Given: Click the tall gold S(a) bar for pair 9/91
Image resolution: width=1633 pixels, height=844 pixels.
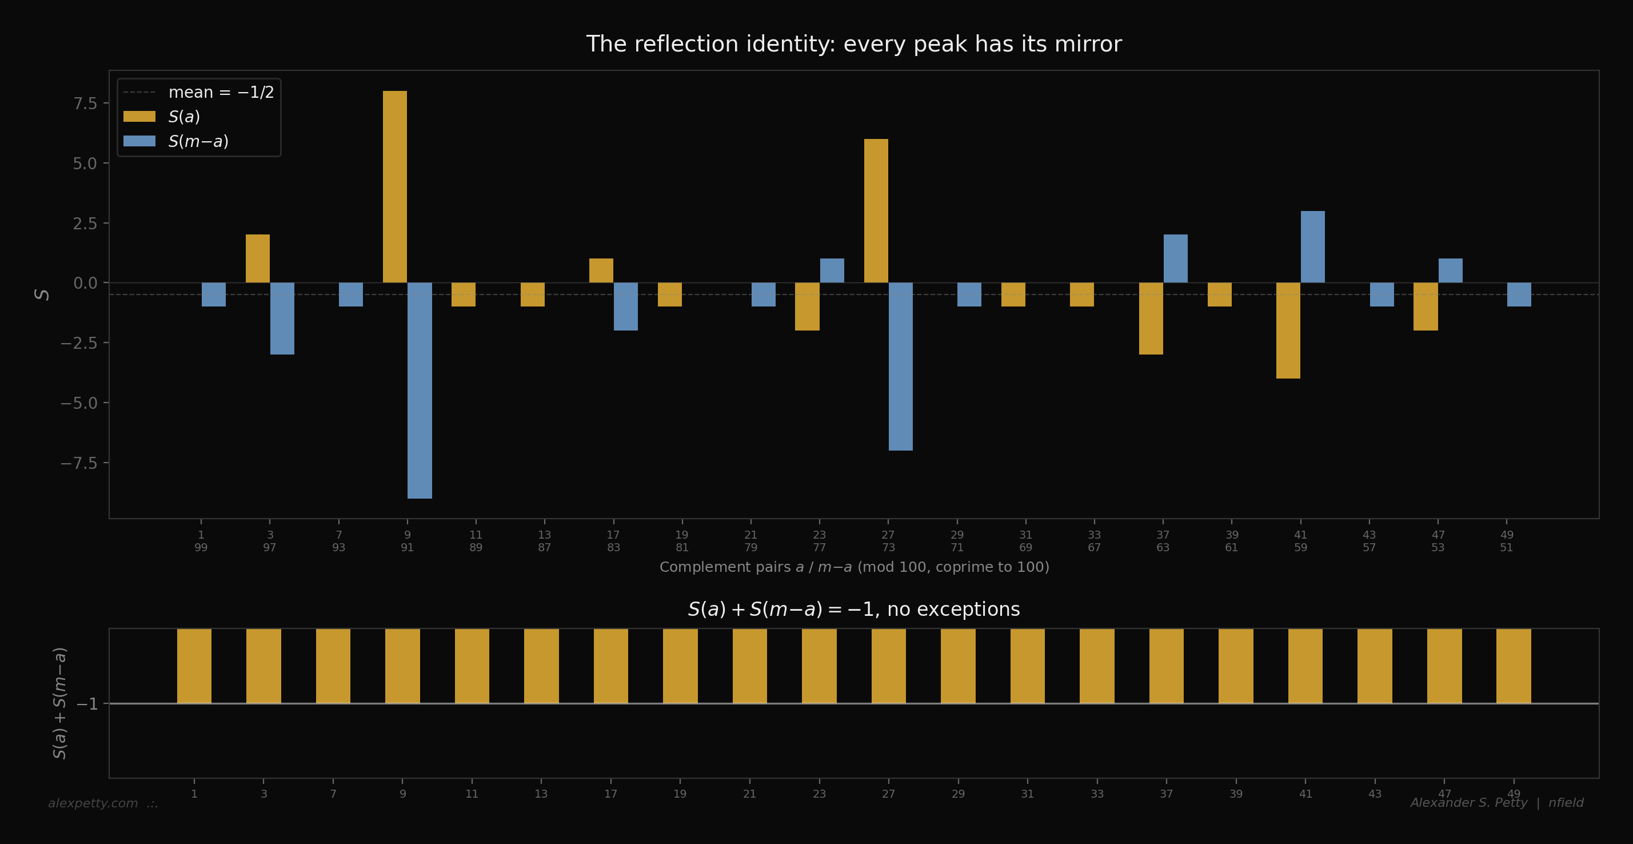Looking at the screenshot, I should click(394, 187).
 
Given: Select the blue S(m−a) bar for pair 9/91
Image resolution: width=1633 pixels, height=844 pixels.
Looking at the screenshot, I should click(419, 390).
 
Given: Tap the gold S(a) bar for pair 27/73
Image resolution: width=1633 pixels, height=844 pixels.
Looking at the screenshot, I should click(876, 210).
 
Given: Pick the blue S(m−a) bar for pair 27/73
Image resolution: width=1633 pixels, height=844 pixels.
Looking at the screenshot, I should click(900, 367).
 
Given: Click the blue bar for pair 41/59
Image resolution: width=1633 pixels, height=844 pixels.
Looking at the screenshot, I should click(1312, 246).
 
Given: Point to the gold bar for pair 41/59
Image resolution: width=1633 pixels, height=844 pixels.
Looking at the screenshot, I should click(1288, 331).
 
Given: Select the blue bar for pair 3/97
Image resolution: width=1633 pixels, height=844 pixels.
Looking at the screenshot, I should click(282, 319).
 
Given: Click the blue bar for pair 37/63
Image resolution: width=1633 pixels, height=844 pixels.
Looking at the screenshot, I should click(1175, 258).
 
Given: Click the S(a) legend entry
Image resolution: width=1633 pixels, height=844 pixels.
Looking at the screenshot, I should click(184, 117).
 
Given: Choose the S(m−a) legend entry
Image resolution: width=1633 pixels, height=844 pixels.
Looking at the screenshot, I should click(198, 141).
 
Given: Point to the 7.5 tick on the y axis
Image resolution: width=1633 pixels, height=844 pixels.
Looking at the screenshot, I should click(85, 103).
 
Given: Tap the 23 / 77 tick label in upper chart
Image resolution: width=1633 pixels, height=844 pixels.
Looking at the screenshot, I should click(819, 541).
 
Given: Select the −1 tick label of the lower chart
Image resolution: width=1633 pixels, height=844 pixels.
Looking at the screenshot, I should click(87, 704).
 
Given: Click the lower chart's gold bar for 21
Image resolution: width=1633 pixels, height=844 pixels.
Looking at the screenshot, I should click(749, 666).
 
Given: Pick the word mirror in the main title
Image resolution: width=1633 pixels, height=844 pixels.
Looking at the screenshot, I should click(1085, 44).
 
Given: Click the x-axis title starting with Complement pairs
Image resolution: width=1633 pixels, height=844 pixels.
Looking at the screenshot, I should click(854, 567).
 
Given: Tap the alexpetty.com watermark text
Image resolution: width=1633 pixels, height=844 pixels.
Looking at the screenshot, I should click(93, 803).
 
